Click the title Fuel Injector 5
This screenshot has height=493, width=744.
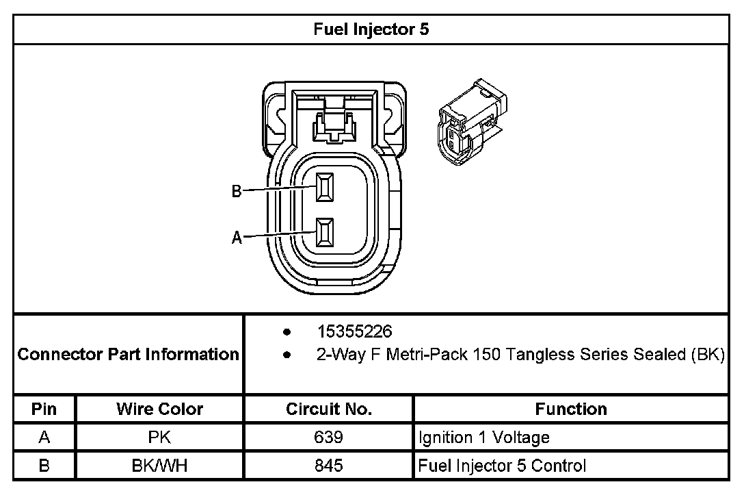(371, 29)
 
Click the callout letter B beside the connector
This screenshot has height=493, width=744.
(237, 192)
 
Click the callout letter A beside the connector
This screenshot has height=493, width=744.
(237, 238)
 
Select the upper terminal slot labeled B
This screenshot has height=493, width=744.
(325, 188)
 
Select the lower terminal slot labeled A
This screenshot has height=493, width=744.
(325, 233)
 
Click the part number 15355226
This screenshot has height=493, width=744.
(354, 332)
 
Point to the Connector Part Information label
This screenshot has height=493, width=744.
(128, 354)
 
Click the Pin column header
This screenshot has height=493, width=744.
(44, 409)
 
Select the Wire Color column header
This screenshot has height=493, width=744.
(159, 409)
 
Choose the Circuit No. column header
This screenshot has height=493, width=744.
(328, 409)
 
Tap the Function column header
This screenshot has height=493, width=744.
(570, 409)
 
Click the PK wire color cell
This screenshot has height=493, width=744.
(159, 438)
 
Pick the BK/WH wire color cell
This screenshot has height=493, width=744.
(159, 466)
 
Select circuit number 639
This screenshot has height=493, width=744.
(328, 438)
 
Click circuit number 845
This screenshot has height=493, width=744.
(328, 466)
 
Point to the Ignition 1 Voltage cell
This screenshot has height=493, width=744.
(483, 438)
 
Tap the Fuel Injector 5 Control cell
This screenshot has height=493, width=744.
(502, 466)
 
